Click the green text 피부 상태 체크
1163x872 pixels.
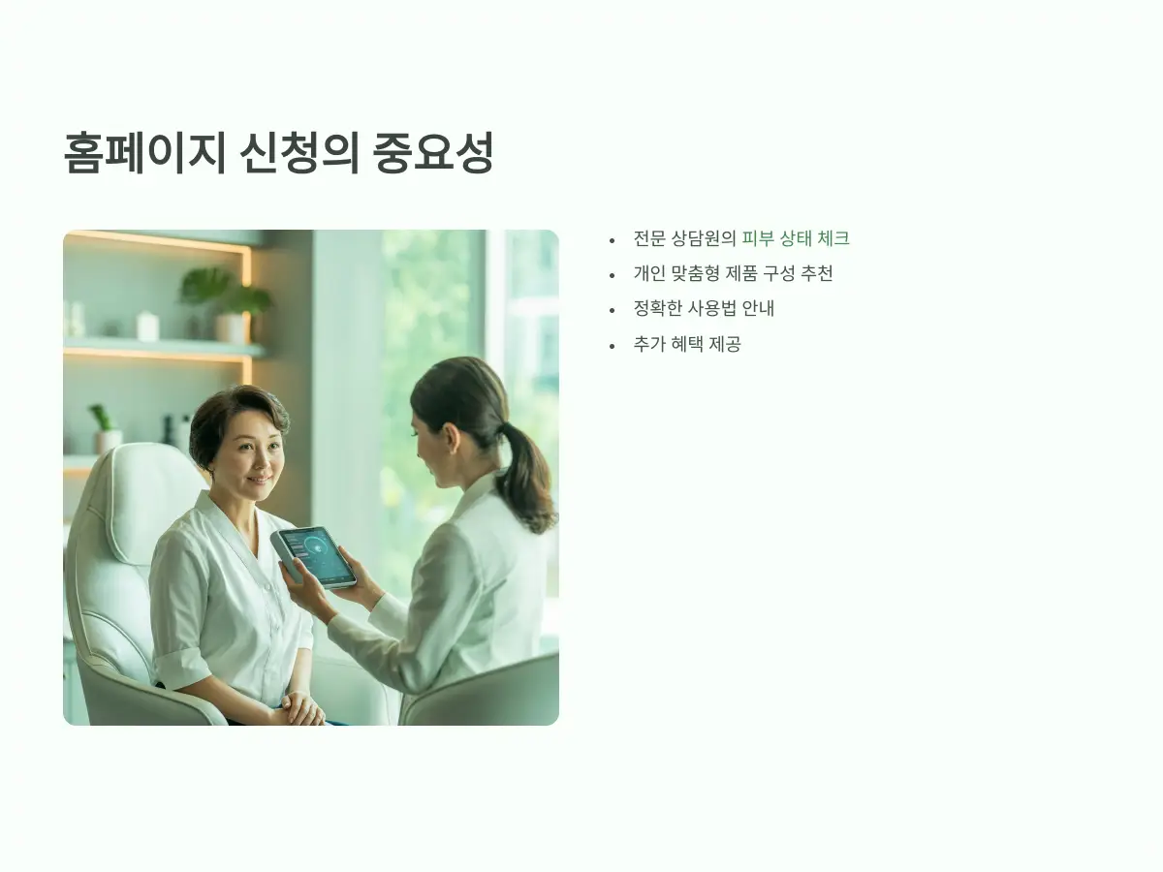click(x=795, y=238)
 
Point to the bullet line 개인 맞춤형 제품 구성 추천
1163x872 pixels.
click(x=733, y=273)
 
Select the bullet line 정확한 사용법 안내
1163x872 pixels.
click(x=704, y=309)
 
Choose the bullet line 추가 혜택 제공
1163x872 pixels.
click(x=687, y=344)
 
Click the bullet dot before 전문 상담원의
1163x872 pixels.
click(x=612, y=239)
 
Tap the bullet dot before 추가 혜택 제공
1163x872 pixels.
click(x=612, y=345)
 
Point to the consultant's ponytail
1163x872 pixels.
click(x=527, y=475)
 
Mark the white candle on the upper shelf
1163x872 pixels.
click(x=147, y=327)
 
